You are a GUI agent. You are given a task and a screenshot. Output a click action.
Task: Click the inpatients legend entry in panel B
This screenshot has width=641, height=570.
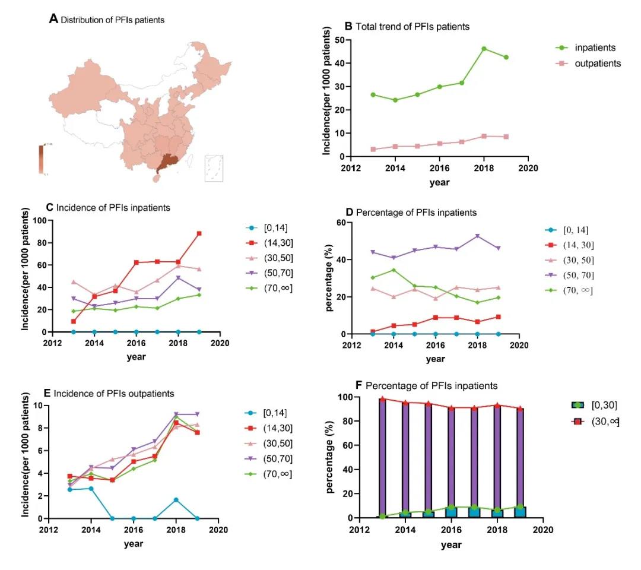click(588, 47)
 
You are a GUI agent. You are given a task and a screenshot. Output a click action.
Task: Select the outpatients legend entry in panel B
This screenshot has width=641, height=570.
click(588, 63)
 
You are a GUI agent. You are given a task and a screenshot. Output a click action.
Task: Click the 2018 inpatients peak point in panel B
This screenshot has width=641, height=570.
click(484, 49)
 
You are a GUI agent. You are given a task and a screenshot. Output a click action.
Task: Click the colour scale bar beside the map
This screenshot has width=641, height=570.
click(41, 159)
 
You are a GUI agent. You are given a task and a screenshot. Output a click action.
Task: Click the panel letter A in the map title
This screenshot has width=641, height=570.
click(53, 19)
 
